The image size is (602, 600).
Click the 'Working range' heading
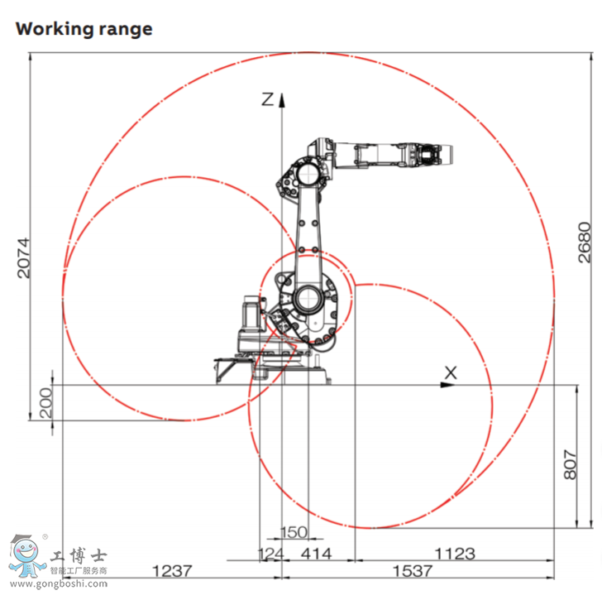84,28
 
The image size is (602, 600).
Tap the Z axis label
267,99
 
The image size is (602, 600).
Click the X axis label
451,372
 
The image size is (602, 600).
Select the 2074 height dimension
22,257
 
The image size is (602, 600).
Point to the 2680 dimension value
585,242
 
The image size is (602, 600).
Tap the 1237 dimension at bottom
172,571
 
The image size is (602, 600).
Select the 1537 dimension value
411,571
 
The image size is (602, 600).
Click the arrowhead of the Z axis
282,99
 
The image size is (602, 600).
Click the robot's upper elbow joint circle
307,174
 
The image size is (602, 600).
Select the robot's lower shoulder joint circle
308,298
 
